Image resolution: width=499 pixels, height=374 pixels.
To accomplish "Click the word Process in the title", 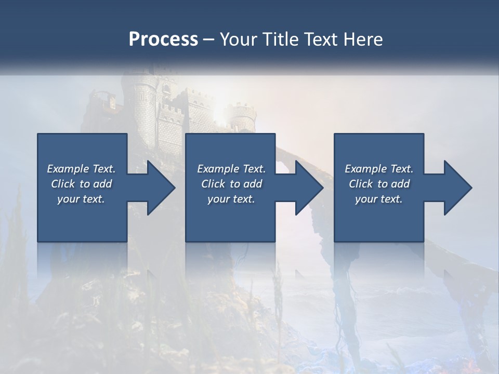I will point(163,39).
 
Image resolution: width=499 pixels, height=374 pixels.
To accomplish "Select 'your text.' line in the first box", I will point(81,199).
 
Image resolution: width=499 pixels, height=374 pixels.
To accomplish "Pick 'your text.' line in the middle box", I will point(231,199).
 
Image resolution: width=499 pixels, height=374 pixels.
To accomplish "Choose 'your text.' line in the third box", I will point(379,199).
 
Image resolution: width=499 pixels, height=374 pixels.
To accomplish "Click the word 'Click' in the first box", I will point(63,184).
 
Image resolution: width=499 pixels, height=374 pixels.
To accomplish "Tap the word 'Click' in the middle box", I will point(213,184).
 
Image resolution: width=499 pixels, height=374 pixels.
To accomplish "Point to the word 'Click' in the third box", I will point(361,184).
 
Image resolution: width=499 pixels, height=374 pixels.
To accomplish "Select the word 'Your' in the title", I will point(237,39).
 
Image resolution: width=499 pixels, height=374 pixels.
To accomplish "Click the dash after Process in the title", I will point(208,39).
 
